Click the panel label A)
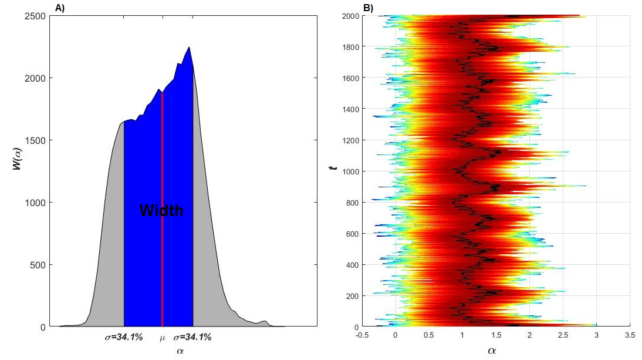(x=59, y=8)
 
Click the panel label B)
(x=368, y=8)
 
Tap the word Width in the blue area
(x=161, y=210)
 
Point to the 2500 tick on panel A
(x=36, y=16)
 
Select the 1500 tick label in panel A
(x=36, y=140)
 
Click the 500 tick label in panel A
(x=38, y=265)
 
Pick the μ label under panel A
(x=163, y=338)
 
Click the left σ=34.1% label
(x=124, y=338)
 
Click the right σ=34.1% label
(x=192, y=338)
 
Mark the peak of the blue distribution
(x=189, y=47)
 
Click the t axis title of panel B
(x=332, y=169)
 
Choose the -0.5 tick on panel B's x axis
(x=362, y=335)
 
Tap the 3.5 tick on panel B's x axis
(x=630, y=335)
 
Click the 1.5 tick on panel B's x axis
(x=496, y=335)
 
